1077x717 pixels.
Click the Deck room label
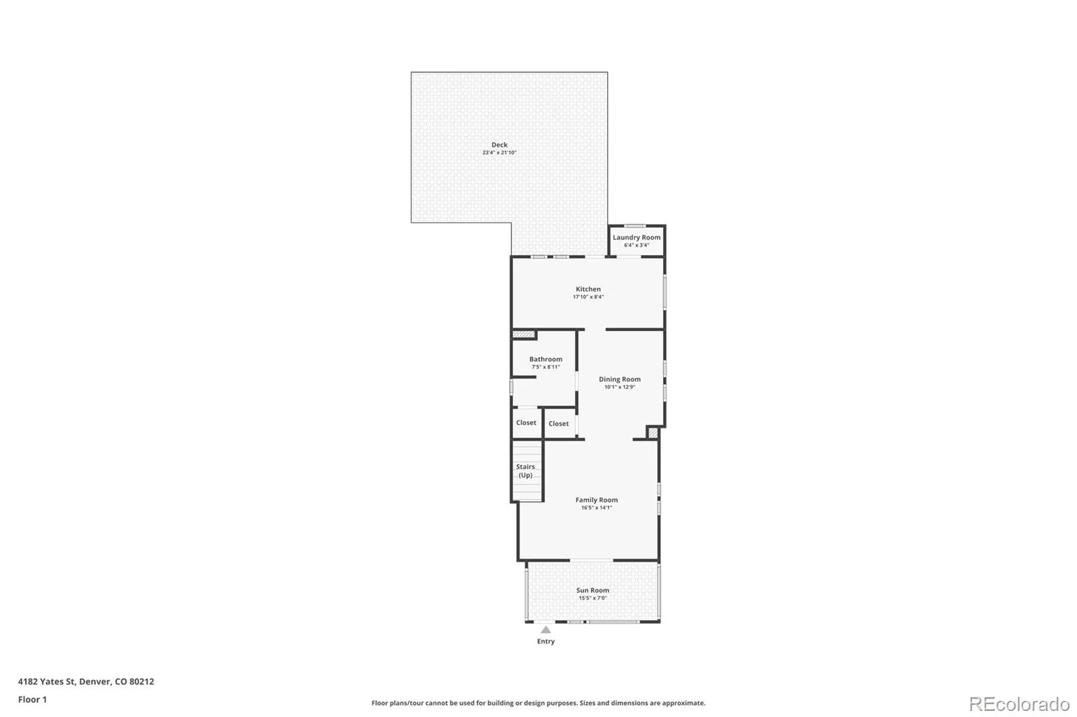click(499, 145)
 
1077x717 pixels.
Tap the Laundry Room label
click(636, 237)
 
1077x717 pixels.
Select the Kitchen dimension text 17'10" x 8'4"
click(588, 297)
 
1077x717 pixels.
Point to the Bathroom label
click(546, 359)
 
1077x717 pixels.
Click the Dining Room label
click(619, 379)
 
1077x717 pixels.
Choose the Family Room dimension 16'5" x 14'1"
click(596, 507)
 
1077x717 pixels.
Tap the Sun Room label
click(592, 590)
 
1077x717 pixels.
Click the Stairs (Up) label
click(525, 471)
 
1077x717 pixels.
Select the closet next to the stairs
click(526, 423)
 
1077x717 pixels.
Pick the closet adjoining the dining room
click(559, 423)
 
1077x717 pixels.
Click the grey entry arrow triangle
click(546, 630)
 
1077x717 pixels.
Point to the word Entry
click(546, 641)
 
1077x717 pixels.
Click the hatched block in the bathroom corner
click(524, 334)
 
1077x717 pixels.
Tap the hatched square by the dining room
click(652, 433)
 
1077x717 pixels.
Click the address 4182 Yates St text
click(46, 681)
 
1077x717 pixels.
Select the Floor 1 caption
click(32, 700)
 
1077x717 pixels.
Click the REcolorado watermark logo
click(1019, 704)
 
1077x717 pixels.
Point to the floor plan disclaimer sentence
click(538, 703)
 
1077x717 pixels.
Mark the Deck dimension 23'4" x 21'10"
click(499, 153)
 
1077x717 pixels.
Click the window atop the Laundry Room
click(635, 226)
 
